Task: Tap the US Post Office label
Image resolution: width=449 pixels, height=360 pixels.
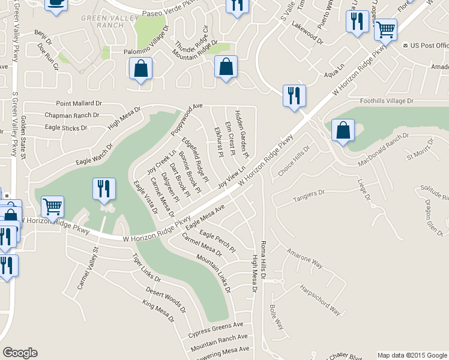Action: [x=429, y=46]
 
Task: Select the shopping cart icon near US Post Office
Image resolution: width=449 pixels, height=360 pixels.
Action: [x=385, y=29]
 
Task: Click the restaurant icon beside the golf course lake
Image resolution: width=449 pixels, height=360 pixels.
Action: [x=101, y=190]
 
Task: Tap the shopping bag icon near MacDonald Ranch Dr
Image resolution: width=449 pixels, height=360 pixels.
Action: [x=342, y=131]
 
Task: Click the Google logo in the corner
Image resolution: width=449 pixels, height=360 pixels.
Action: [x=20, y=353]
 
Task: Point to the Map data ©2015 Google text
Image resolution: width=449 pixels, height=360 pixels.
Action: [x=412, y=355]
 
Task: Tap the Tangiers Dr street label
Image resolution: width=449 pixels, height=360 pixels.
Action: [x=308, y=194]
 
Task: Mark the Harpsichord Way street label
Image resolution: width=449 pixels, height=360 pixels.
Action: [x=321, y=299]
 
